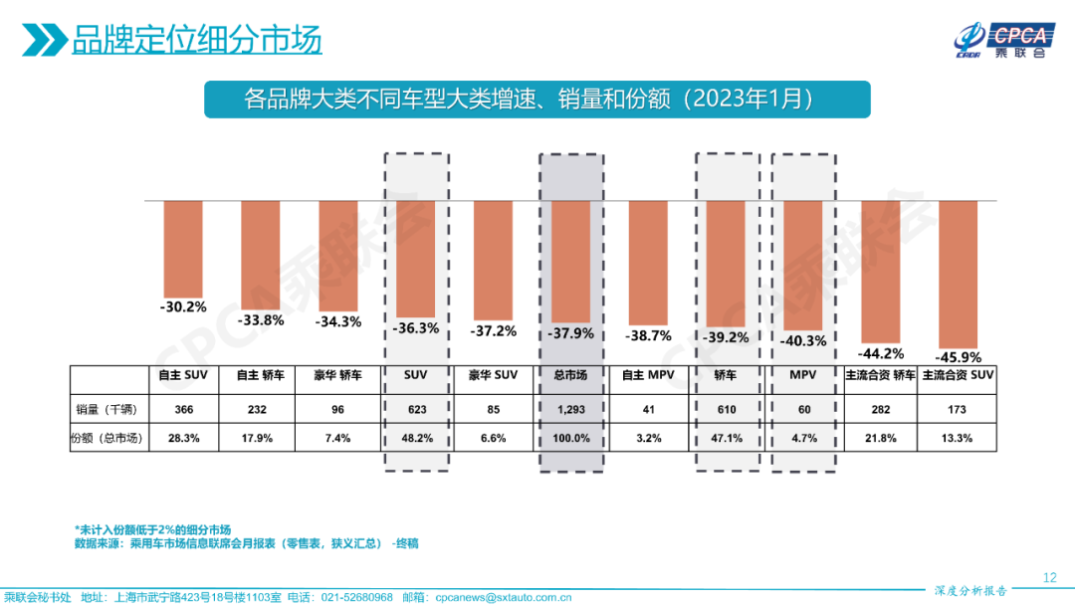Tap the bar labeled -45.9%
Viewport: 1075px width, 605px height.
958,274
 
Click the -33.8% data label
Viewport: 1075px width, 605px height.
262,320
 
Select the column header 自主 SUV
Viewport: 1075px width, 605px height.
184,376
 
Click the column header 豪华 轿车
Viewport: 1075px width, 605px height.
338,376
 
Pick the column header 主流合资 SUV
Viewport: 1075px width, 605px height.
958,376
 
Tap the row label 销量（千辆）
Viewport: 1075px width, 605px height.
107,408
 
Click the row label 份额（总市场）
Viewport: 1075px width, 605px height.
107,438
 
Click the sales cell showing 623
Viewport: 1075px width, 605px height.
416,409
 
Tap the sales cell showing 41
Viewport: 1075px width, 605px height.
648,409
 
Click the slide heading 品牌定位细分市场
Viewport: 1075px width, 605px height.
197,41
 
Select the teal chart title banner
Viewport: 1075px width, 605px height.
537,100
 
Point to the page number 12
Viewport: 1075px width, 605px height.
1049,577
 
